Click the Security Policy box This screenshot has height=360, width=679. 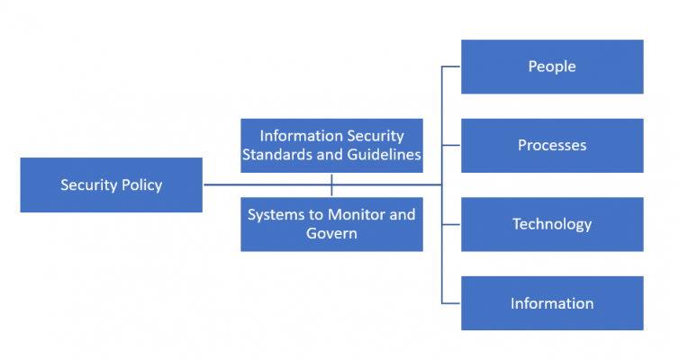point(111,185)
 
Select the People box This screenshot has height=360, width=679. point(552,67)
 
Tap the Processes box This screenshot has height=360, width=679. point(552,146)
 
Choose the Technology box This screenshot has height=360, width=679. point(552,224)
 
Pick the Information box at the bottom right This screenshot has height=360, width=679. point(552,303)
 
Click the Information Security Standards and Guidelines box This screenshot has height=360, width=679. point(331,145)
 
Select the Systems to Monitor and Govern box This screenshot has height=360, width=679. point(331,224)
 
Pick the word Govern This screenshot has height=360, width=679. point(331,234)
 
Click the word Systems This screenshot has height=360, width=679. point(276,215)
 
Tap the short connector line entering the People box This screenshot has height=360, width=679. point(451,67)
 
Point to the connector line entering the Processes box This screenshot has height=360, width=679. point(451,146)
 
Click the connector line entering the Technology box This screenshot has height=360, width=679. point(451,224)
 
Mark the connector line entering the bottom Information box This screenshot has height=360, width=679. point(451,303)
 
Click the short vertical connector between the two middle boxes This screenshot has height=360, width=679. point(331,185)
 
